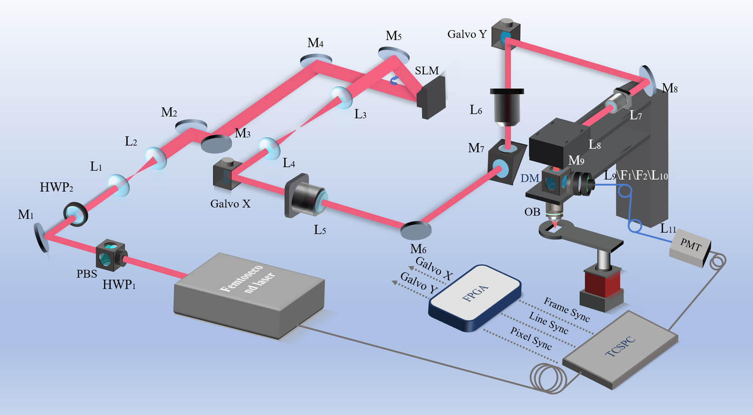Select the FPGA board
475,298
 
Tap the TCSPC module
620,350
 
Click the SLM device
431,97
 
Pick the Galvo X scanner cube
227,174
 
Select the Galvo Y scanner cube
506,34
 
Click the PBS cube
110,256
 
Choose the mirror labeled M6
416,230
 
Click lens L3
341,97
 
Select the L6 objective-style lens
507,108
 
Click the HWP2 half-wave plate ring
76,214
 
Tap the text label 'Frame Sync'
567,309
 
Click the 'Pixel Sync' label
531,338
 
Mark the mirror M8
647,81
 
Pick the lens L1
119,185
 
